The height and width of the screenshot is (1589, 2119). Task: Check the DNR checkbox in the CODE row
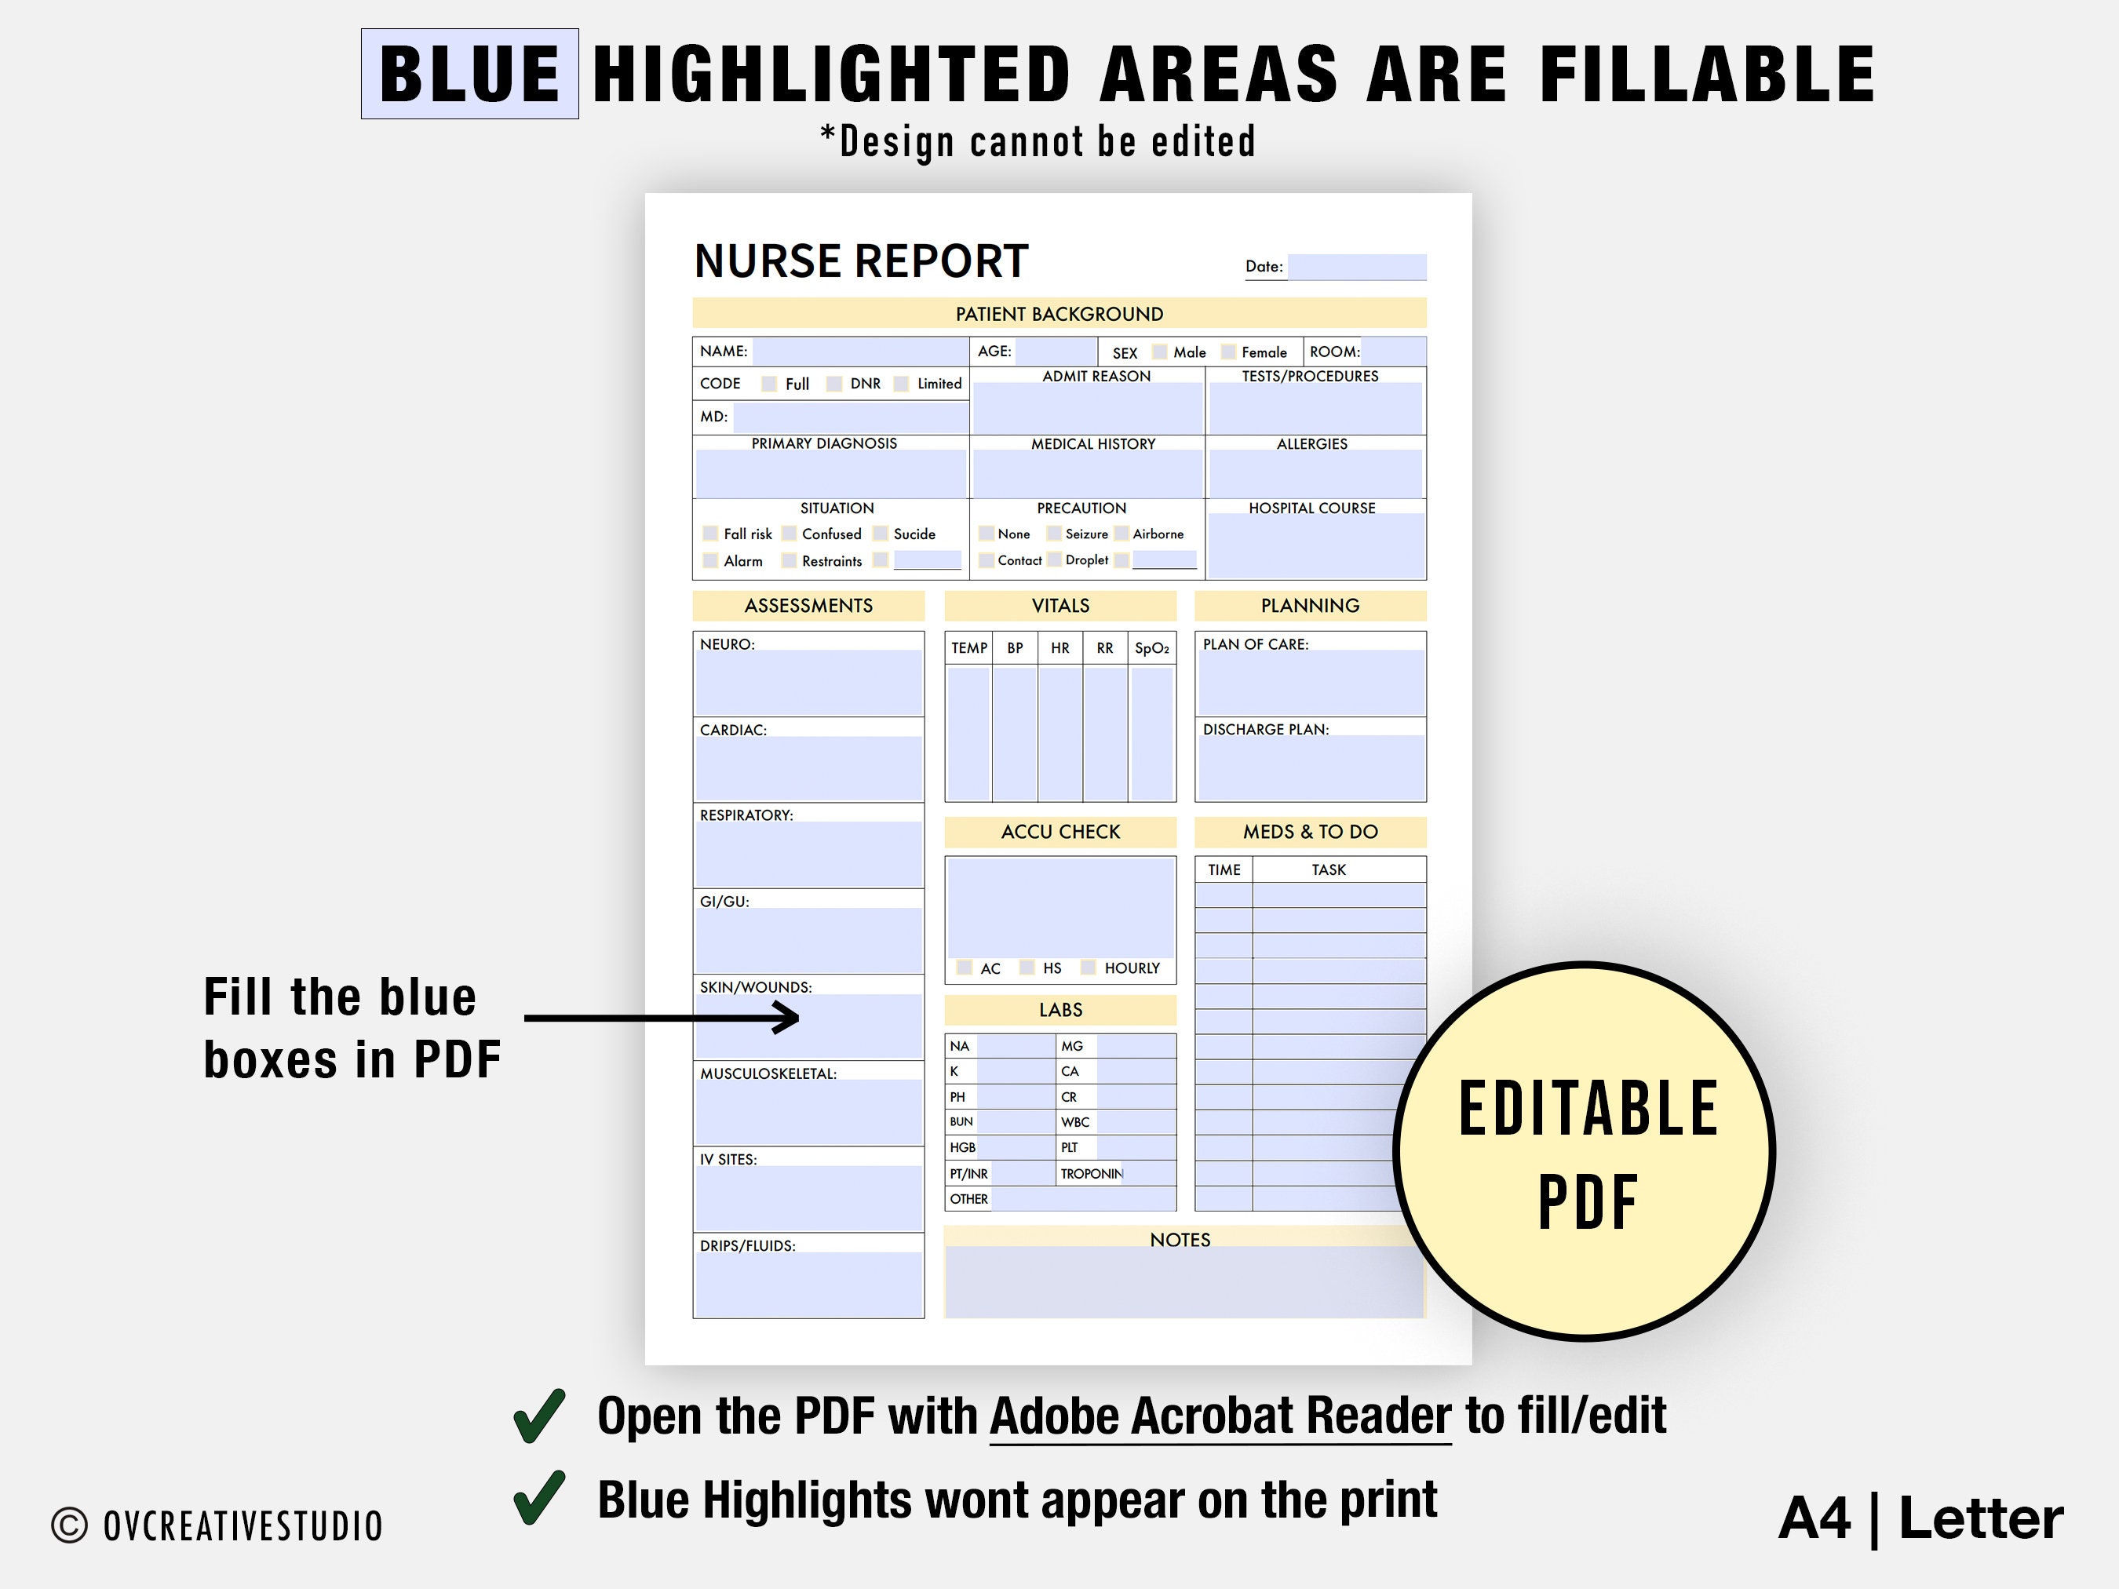[x=834, y=384]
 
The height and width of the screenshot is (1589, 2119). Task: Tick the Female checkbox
[x=1228, y=352]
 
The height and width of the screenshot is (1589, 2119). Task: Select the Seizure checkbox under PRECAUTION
[x=1054, y=534]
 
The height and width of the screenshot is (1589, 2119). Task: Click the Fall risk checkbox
[x=709, y=534]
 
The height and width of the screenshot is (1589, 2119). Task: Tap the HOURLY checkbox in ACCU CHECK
[x=1089, y=968]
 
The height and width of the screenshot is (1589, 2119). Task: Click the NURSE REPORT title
[x=860, y=261]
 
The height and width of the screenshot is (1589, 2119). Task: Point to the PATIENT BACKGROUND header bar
[x=1059, y=314]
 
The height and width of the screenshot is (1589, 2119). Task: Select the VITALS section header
[x=1059, y=605]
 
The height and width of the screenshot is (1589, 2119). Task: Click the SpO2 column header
[x=1151, y=648]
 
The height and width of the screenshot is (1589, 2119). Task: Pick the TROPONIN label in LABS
[x=1091, y=1173]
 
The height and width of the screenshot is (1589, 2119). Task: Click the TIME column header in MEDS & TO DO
[x=1224, y=869]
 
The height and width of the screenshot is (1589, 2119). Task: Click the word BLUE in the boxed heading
[x=469, y=75]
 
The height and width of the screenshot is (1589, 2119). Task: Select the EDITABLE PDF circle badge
[x=1585, y=1151]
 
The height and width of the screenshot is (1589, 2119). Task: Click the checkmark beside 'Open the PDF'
[x=540, y=1416]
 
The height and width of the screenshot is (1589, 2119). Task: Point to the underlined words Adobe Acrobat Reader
[x=1220, y=1416]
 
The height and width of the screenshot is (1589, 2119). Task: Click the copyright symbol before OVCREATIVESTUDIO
[x=69, y=1525]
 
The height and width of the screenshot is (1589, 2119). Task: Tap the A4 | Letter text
[x=1920, y=1519]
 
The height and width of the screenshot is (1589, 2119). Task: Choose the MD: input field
[x=850, y=417]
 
